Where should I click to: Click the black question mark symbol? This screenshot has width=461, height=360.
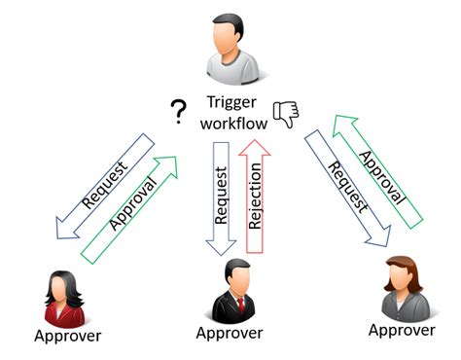tap(178, 115)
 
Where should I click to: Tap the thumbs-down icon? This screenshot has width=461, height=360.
tap(285, 114)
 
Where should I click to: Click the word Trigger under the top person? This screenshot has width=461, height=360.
tap(230, 101)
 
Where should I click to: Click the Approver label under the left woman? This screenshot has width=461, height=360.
tap(67, 338)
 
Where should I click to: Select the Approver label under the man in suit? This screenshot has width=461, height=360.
tap(230, 334)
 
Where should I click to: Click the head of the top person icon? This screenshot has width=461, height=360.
tap(230, 33)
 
